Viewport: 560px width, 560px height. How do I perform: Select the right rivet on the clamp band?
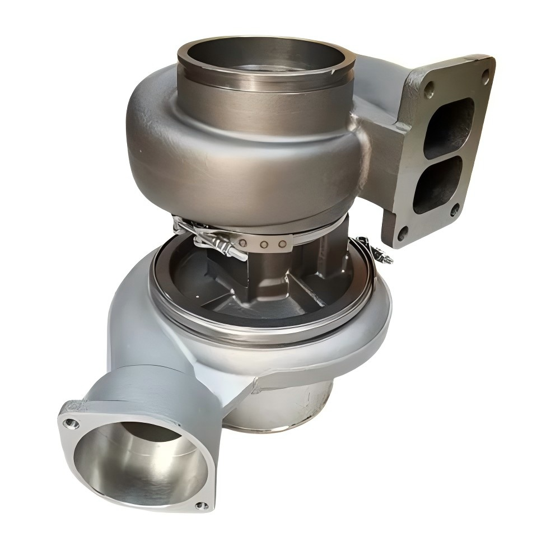point(282,243)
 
